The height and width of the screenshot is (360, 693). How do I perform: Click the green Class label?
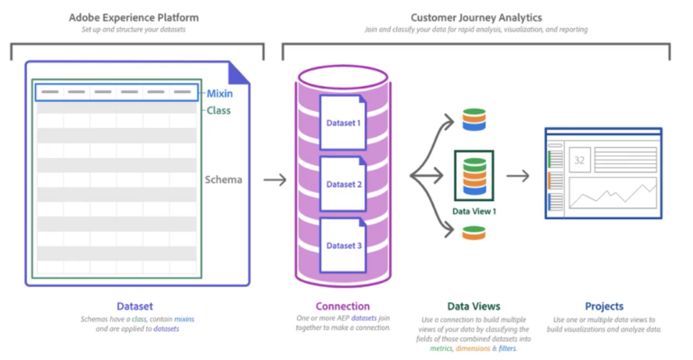(218, 111)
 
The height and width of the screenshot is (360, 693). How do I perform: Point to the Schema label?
(224, 180)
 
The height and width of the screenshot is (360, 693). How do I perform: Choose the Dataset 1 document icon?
(343, 124)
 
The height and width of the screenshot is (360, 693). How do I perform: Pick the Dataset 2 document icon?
(343, 184)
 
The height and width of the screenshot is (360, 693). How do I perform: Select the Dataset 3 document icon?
(343, 245)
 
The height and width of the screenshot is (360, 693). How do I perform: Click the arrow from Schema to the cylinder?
(274, 180)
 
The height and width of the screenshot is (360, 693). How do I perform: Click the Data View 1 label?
(474, 211)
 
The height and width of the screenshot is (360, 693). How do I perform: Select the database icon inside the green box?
(474, 176)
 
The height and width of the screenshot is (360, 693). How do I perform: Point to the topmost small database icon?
(473, 119)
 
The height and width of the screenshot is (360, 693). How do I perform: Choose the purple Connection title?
(342, 306)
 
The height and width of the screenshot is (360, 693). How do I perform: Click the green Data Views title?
(474, 306)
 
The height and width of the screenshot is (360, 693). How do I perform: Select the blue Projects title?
(603, 306)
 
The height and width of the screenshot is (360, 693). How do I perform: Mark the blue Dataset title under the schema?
(138, 306)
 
